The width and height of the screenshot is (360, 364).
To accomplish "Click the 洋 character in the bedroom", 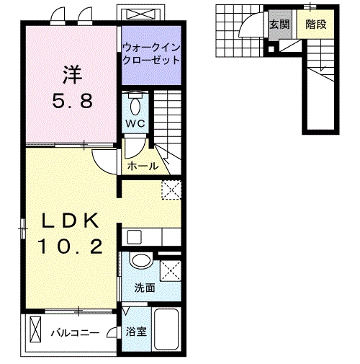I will (71, 74).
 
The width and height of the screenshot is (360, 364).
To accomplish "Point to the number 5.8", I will (72, 101).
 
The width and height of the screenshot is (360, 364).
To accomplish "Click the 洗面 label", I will (144, 288).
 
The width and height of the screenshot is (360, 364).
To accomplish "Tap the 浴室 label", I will (135, 332).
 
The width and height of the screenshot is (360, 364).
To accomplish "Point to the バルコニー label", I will (76, 333).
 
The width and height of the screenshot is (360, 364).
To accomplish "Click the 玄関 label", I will (279, 24).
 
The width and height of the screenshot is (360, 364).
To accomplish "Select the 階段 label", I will (315, 24).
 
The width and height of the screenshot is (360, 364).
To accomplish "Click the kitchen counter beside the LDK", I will (150, 237).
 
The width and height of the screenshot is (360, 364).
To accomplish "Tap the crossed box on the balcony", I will (36, 333).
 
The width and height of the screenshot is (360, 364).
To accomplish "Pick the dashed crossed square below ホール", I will (171, 190).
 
